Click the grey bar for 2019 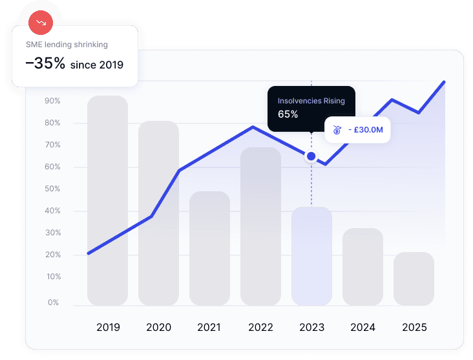(107, 200)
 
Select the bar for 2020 (158, 213)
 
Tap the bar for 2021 (209, 248)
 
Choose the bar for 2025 (414, 279)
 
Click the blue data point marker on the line (311, 156)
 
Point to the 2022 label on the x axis (260, 328)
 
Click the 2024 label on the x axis (363, 328)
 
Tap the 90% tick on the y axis (52, 101)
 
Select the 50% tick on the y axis (52, 189)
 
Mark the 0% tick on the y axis (53, 302)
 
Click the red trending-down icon (41, 23)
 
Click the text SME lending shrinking (67, 45)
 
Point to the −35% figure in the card (45, 64)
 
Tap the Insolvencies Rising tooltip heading (311, 101)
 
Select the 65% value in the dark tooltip (288, 114)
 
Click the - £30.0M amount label (365, 130)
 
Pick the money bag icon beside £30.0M (337, 130)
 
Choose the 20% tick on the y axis (52, 255)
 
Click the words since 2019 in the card (97, 65)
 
